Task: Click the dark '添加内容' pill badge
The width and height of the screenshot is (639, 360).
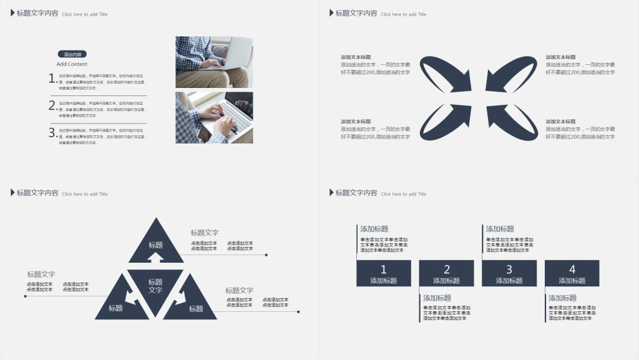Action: pos(72,54)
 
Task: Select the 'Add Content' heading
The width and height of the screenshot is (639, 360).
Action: pos(72,64)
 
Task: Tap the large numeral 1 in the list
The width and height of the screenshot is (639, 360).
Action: pos(52,78)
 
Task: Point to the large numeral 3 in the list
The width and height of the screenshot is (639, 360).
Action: pos(52,132)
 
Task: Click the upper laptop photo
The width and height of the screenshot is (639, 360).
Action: pos(214,62)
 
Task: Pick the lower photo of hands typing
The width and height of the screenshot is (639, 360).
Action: pos(214,118)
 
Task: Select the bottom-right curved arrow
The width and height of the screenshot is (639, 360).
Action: pos(513,121)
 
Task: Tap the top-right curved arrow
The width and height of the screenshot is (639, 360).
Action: pos(513,74)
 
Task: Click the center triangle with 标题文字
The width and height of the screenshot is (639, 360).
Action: pos(155,286)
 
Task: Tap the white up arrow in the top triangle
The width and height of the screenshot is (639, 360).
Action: pos(155,256)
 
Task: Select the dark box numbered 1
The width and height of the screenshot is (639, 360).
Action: pos(384,273)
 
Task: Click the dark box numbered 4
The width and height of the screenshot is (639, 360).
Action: pos(572,273)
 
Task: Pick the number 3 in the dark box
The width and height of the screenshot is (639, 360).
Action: pos(509,270)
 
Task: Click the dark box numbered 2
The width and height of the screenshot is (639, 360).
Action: pos(447,273)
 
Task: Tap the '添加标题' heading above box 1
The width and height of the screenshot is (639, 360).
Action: pos(374,229)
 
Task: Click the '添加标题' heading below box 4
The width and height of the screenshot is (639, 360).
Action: pos(562,298)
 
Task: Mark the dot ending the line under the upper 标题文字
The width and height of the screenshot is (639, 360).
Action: pos(266,255)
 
